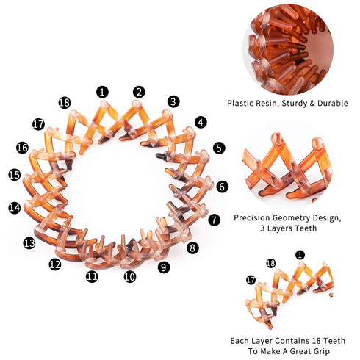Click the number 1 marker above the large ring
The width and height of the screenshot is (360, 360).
coord(102,92)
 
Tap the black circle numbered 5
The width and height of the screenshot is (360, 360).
coord(219,148)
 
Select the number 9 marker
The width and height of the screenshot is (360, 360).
coord(164,267)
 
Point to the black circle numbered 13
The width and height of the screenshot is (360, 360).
coord(29,243)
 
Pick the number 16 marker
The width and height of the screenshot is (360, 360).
coord(22,148)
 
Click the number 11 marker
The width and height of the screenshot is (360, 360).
coord(92,276)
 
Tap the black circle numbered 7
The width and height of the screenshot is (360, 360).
coord(215,220)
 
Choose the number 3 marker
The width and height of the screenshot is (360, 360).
coord(173,101)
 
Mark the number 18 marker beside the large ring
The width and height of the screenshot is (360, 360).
coord(65,103)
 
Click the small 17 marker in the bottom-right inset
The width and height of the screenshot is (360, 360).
coord(251,280)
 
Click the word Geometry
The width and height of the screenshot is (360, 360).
coord(289,218)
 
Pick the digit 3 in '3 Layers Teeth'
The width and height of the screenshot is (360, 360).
coord(262,228)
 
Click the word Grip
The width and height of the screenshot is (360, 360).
coord(322,351)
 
